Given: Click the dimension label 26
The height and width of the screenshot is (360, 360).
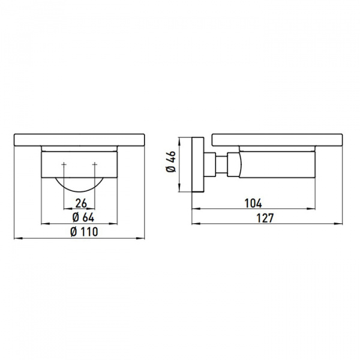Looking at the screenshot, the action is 81,203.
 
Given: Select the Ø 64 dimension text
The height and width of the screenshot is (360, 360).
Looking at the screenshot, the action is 83,217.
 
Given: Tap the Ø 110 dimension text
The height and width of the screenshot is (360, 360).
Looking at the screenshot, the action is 84,232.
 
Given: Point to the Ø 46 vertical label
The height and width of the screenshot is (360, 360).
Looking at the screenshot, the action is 171,161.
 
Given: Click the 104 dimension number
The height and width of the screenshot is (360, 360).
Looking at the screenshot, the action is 253,203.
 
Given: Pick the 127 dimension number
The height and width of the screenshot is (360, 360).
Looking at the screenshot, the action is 265,218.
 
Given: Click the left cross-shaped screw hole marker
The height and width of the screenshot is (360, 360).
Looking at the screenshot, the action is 64,164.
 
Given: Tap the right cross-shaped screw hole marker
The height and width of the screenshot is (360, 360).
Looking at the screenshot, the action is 95,164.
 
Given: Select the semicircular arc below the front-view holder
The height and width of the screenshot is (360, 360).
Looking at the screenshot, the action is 79,191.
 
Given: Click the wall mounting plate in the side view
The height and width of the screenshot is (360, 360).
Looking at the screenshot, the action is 198,164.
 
